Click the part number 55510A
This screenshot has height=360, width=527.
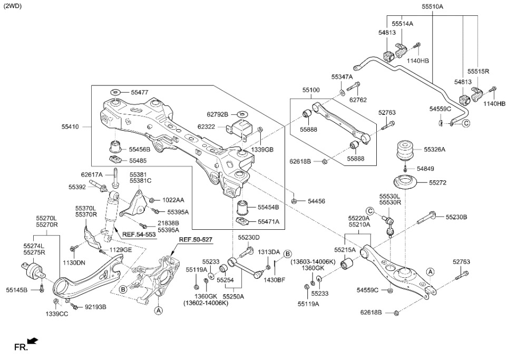click(432, 6)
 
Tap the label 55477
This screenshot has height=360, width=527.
click(140, 92)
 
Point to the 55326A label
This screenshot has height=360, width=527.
click(434, 150)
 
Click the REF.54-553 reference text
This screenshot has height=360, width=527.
click(139, 234)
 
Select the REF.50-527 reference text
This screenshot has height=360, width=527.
click(194, 240)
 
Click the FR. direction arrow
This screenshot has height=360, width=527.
click(32, 342)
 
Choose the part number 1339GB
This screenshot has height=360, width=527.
click(262, 149)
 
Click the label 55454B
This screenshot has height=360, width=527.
click(268, 207)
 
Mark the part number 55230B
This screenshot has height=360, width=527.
click(456, 217)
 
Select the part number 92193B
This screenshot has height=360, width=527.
click(95, 307)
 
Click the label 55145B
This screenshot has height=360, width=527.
click(16, 289)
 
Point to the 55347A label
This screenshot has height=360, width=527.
click(342, 77)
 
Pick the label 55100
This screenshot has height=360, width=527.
click(310, 91)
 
